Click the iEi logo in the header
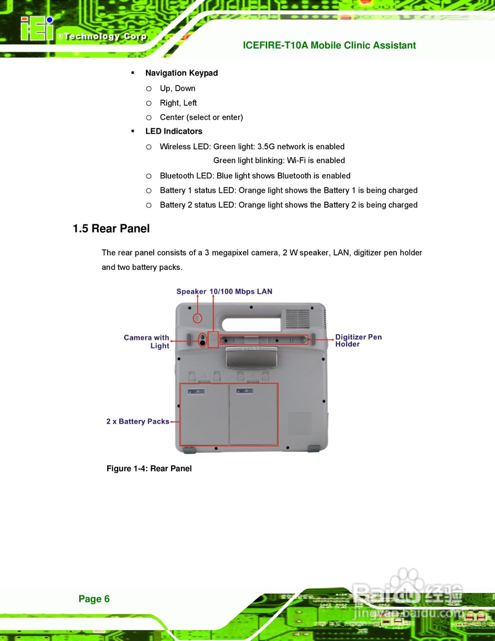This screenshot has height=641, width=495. [x=36, y=29]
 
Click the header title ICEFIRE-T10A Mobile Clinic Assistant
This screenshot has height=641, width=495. [x=329, y=46]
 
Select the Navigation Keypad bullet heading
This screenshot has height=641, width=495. [x=181, y=73]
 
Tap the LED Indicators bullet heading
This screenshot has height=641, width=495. [x=174, y=132]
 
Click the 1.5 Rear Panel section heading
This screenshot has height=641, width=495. [x=111, y=229]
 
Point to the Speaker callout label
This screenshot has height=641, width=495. [x=191, y=291]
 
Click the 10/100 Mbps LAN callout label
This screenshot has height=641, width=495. [x=241, y=291]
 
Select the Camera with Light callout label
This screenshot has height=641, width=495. [x=147, y=342]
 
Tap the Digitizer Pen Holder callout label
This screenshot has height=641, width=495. [x=358, y=341]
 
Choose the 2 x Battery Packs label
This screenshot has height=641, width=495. [x=138, y=422]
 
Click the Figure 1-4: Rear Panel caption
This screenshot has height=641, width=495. [x=149, y=469]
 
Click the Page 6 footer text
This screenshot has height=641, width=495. [x=94, y=599]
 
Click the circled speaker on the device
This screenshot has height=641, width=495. [x=198, y=318]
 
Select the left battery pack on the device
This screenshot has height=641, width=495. [x=204, y=415]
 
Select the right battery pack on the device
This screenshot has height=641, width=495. [x=253, y=415]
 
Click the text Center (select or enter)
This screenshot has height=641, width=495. [x=201, y=117]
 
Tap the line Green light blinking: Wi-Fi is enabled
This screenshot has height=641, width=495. [x=279, y=161]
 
